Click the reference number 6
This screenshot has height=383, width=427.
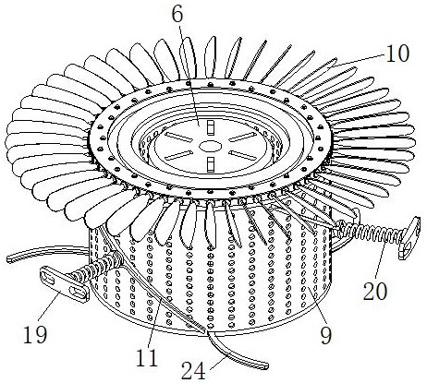click(177, 14)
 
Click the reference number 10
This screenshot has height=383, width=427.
click(397, 54)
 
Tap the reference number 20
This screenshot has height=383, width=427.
click(375, 291)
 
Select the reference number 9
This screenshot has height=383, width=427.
click(326, 335)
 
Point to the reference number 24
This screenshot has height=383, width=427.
click(193, 370)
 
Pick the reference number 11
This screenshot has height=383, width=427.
click(146, 357)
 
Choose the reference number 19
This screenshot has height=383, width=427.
click(35, 334)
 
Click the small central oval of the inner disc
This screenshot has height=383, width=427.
click(210, 146)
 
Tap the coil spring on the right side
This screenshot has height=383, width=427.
click(370, 233)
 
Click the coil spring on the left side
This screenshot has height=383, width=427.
click(96, 266)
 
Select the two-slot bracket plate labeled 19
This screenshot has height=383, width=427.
click(64, 283)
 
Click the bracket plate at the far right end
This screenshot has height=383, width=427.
click(410, 238)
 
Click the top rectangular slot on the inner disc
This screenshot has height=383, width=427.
click(211, 127)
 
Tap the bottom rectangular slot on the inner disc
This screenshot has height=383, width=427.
click(211, 163)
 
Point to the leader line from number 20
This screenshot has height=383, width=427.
click(381, 260)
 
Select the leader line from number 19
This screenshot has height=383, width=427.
click(48, 308)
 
